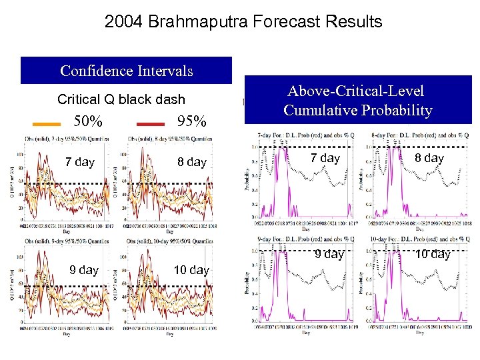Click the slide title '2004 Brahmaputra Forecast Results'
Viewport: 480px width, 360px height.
[243, 21]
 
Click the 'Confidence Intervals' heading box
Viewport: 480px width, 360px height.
[127, 71]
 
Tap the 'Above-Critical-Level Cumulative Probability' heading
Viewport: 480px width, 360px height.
[358, 101]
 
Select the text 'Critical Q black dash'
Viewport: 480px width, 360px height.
[121, 99]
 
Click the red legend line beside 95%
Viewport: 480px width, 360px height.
[150, 124]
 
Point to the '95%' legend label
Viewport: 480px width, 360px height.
[191, 123]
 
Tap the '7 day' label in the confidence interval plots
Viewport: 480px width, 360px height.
[79, 162]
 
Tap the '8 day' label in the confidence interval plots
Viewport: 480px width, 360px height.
[191, 162]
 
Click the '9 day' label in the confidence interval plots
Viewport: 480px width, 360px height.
[84, 270]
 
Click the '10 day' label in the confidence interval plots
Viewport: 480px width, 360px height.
[191, 270]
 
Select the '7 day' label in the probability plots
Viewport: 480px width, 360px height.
[325, 158]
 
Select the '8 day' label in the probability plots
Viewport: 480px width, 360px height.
[429, 158]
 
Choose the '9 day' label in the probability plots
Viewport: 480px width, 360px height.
[329, 254]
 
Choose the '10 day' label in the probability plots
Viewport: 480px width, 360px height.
[432, 254]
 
